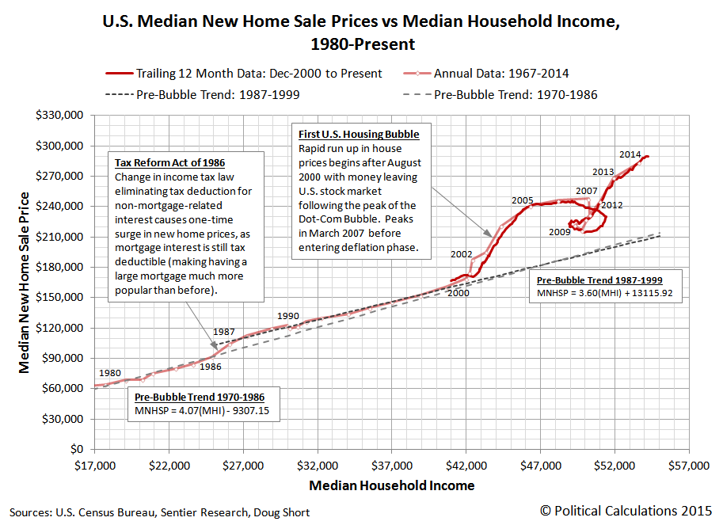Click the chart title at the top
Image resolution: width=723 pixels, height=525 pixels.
coord(361,32)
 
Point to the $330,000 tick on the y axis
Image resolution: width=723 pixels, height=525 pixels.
coord(63,116)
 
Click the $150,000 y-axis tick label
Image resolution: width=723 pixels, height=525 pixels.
coord(63,298)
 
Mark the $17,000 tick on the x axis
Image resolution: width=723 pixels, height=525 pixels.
coord(94,464)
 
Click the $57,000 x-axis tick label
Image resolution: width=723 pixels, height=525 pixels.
coord(688,464)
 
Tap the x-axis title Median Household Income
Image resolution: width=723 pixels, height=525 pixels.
coord(392,485)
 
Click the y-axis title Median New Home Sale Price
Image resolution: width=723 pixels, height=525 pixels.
coord(24,282)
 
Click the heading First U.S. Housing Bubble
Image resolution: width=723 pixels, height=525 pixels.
coord(359,135)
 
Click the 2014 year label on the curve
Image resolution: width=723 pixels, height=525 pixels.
coord(630,154)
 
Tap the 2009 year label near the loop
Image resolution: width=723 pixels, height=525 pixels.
coord(560,232)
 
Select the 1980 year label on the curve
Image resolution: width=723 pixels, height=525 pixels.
coord(110,373)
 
